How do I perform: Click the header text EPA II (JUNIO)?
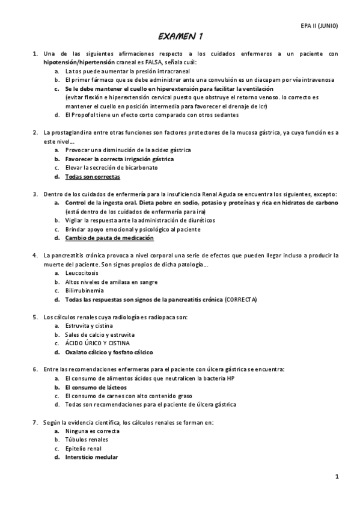coord(320,25)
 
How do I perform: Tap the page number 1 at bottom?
coord(338,477)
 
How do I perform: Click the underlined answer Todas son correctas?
coord(93,177)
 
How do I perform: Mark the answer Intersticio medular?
coord(92,457)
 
